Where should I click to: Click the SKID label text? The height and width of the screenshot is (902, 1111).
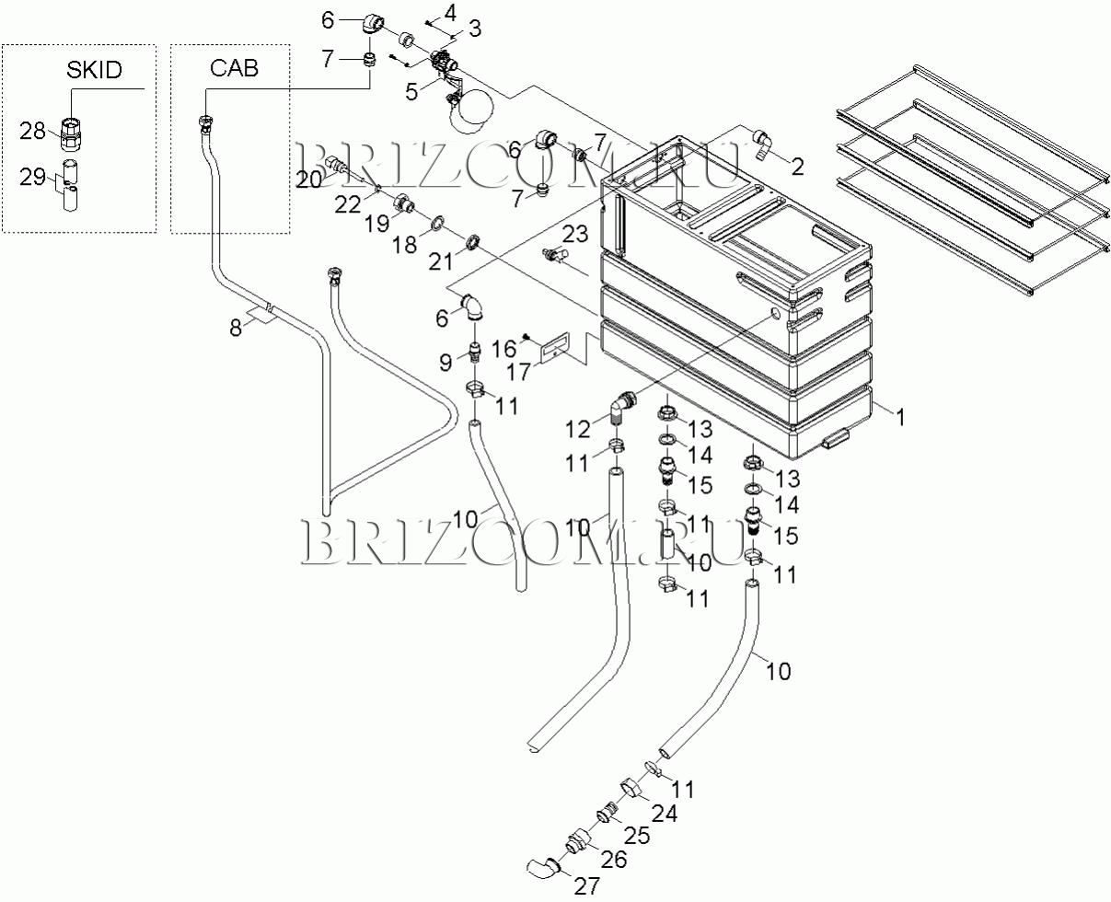point(95,71)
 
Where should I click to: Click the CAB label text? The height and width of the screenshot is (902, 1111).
point(234,67)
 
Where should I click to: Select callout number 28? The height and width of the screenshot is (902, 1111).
point(33,131)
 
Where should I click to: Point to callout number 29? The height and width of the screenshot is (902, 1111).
point(33,177)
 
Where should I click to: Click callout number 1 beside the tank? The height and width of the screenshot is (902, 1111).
point(901,417)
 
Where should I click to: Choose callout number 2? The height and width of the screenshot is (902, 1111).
point(797,167)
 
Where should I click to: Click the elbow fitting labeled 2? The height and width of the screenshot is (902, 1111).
point(763,140)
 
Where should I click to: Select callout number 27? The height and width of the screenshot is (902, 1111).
point(586,885)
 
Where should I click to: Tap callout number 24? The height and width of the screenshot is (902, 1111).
point(665,814)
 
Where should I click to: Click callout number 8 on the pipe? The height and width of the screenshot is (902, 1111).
point(237,327)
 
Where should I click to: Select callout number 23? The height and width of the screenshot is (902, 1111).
point(574,235)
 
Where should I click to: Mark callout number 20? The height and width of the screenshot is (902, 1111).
point(308,179)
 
